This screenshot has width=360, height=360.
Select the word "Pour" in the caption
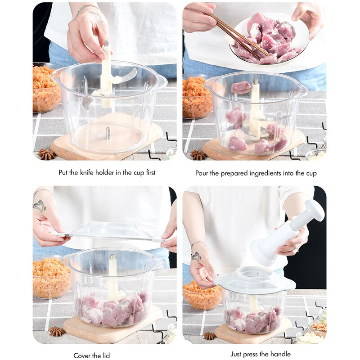[x=202, y=173]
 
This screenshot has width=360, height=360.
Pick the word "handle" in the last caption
[x=281, y=354]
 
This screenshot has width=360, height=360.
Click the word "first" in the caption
[x=148, y=172]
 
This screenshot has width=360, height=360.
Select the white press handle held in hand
[x=288, y=229]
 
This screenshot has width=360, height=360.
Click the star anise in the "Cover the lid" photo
[x=57, y=332]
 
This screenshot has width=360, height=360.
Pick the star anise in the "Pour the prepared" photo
[x=198, y=155]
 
